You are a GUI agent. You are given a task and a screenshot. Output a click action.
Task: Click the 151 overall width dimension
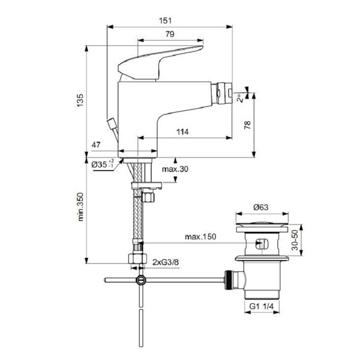point(165,20)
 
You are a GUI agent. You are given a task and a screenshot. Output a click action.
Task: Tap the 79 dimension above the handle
point(170,34)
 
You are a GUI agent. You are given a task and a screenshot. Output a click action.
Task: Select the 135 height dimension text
point(80,100)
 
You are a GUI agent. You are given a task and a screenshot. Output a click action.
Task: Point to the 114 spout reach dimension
point(183,132)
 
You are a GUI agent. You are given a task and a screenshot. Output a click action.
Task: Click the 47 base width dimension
point(96,145)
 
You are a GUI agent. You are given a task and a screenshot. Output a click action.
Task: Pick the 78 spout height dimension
point(247,125)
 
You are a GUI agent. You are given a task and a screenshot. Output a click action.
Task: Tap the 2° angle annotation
point(240,98)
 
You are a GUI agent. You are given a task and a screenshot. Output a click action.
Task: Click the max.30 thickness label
point(175,169)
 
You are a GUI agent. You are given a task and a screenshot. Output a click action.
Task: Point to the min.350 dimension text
point(81,207)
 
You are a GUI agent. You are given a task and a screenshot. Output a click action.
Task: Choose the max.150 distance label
point(200,237)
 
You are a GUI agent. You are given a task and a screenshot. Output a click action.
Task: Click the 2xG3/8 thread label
point(165,262)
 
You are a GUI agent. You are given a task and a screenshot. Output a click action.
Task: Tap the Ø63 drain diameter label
point(261,207)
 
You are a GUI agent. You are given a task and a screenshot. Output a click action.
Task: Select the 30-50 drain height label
point(295,240)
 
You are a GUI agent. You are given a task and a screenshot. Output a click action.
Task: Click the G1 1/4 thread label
point(261,306)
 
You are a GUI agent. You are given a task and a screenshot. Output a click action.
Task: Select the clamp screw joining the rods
point(140,280)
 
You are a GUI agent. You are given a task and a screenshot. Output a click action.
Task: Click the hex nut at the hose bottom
point(138,258)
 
